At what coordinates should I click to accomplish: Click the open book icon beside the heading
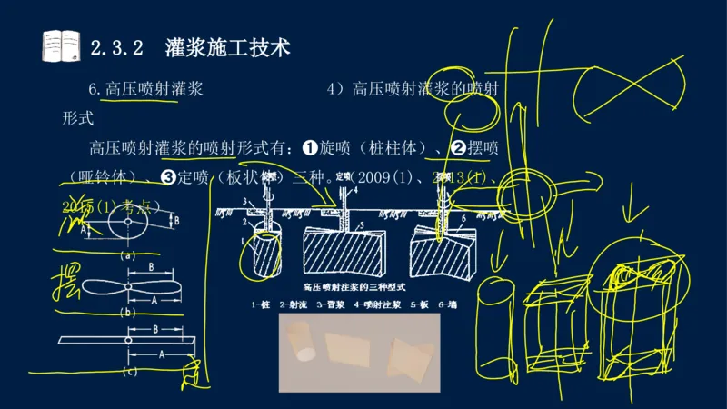pos(62,46)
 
